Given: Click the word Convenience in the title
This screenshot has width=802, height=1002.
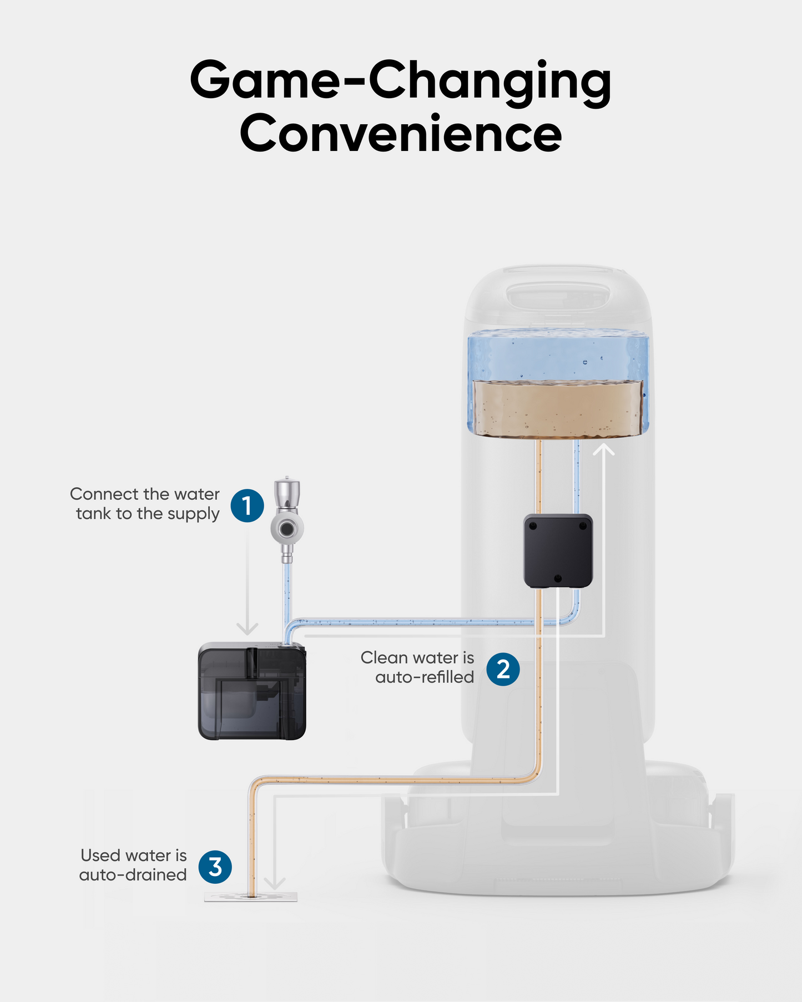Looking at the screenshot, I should (401, 134).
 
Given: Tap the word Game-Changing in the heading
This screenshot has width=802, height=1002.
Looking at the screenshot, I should (401, 80).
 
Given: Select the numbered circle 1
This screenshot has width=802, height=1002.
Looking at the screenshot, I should (247, 505).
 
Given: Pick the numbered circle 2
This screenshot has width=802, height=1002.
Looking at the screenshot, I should (503, 669).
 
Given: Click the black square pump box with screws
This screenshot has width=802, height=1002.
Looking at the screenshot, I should (558, 551).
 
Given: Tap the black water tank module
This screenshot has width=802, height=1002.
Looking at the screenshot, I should (252, 691).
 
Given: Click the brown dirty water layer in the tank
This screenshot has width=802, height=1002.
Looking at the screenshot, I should (557, 409).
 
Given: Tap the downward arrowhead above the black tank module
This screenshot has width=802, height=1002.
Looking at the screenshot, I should (248, 629).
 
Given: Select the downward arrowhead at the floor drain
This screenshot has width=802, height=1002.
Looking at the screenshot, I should (274, 883).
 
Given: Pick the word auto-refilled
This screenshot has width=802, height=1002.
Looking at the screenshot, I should (425, 677).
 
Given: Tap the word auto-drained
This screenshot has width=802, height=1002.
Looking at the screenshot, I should (133, 875).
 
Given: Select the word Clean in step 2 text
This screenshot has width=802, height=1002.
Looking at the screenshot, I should (383, 658).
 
